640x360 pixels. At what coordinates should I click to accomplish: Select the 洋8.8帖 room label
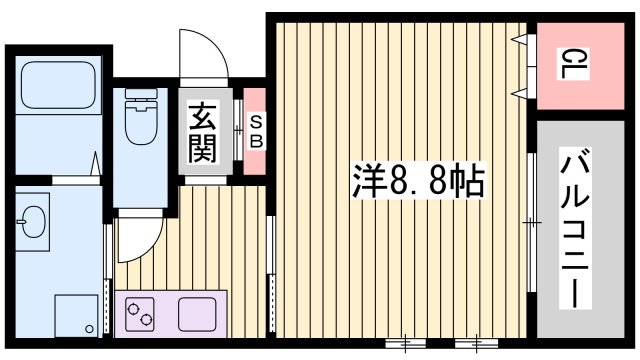pos(417,182)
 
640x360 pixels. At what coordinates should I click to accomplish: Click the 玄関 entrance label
pos(202,133)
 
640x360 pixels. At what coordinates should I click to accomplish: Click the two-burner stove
pos(142,315)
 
